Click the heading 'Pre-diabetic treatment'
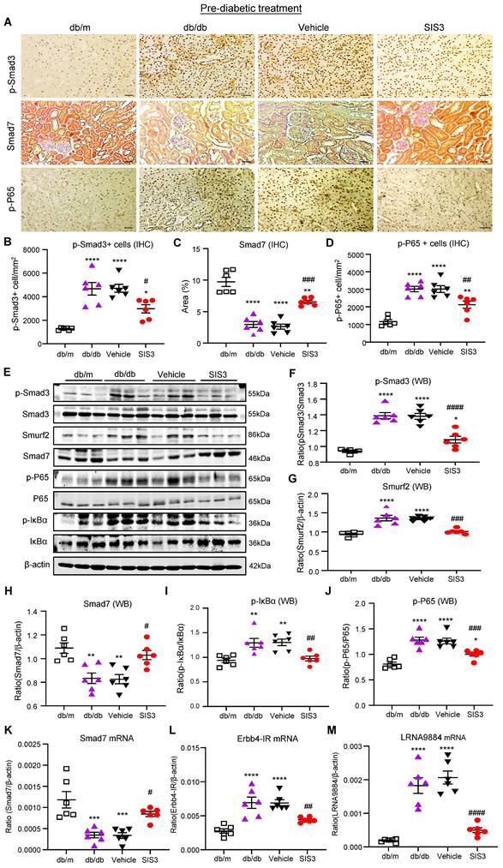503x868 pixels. (x=250, y=8)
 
